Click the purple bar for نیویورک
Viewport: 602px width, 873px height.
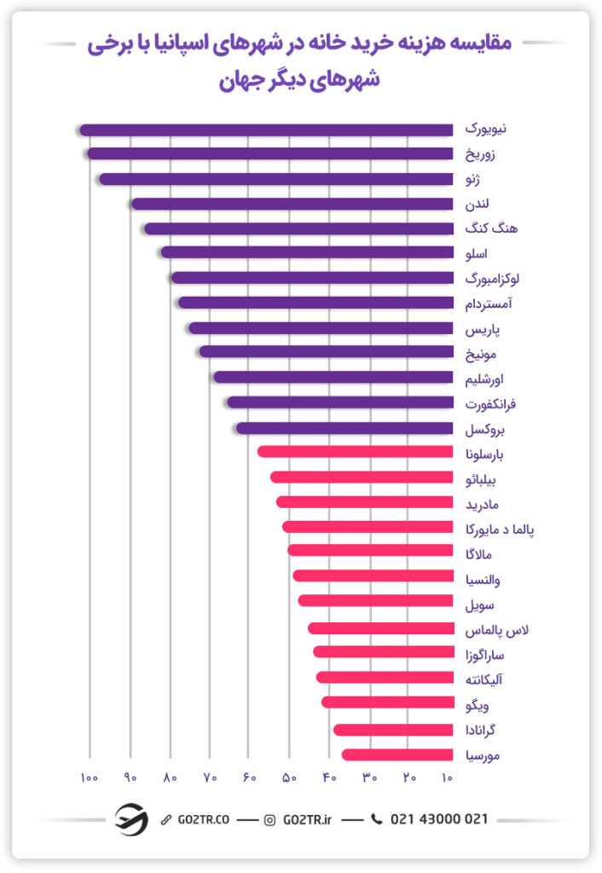[x=265, y=130]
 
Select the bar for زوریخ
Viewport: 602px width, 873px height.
[x=269, y=153]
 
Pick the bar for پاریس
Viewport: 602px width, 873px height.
[x=321, y=328]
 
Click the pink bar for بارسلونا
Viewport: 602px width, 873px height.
[x=355, y=452]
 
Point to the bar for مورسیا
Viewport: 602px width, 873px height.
[x=397, y=754]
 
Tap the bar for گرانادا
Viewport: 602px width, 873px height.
[x=393, y=730]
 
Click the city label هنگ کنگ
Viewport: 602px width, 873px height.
[x=491, y=228]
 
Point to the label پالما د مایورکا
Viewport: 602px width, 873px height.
[x=501, y=529]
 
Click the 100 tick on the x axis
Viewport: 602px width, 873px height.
[x=88, y=778]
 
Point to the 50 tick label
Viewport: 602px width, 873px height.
[x=289, y=778]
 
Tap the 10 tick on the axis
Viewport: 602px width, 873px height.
[x=447, y=778]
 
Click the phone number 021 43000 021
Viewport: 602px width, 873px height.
[x=438, y=819]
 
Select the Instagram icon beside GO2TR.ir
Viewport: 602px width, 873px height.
[x=270, y=820]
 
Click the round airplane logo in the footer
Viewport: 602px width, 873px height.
[x=131, y=819]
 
